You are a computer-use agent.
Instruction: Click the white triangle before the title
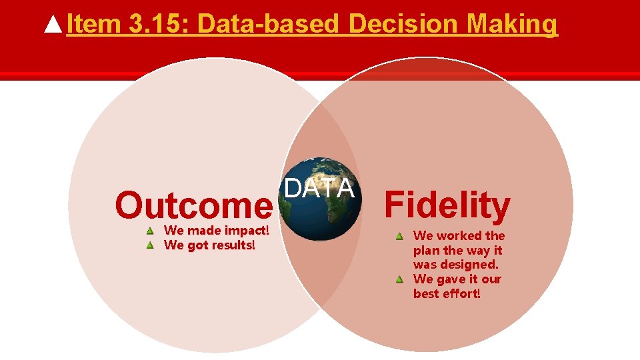(54, 25)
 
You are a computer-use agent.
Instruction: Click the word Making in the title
(512, 25)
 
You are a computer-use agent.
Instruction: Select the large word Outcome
(193, 206)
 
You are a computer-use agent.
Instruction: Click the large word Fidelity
(447, 205)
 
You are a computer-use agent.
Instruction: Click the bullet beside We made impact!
(151, 231)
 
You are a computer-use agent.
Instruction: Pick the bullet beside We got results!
(151, 245)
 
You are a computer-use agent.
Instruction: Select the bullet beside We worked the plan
(399, 236)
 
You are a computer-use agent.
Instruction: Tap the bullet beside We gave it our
(399, 279)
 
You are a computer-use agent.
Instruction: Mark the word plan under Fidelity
(427, 251)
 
